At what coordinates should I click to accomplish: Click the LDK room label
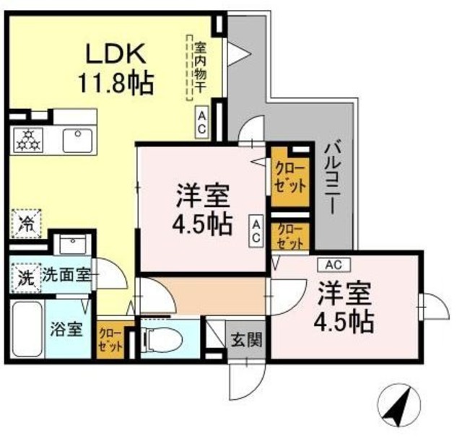pyautogui.click(x=118, y=53)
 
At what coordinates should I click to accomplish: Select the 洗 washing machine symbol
pyautogui.click(x=25, y=277)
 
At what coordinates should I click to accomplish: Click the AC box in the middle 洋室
pyautogui.click(x=256, y=232)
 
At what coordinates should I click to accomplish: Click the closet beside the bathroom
pyautogui.click(x=110, y=339)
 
